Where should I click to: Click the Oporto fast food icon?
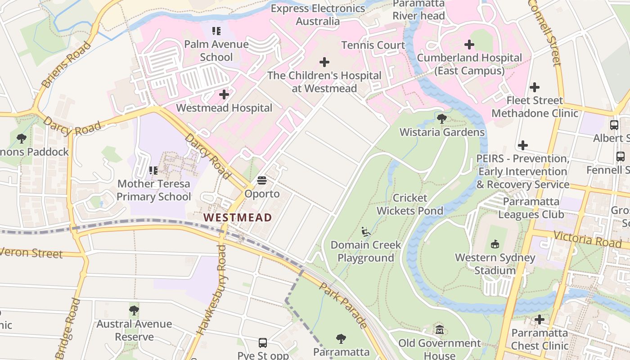click(262, 181)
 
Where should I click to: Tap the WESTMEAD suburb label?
click(238, 217)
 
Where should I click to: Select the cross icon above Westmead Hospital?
click(224, 94)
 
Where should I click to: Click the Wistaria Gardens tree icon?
click(442, 119)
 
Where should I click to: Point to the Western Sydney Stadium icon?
click(495, 244)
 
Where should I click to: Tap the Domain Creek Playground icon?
click(366, 232)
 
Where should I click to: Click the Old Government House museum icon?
click(440, 330)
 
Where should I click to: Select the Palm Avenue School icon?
click(216, 31)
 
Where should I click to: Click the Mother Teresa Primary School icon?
click(153, 171)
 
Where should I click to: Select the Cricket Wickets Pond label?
click(410, 204)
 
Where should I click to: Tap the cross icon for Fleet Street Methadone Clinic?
click(535, 87)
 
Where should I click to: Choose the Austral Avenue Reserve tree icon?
click(134, 310)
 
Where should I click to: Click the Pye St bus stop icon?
click(263, 343)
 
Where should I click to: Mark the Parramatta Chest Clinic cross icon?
click(540, 320)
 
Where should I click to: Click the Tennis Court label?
click(373, 45)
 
